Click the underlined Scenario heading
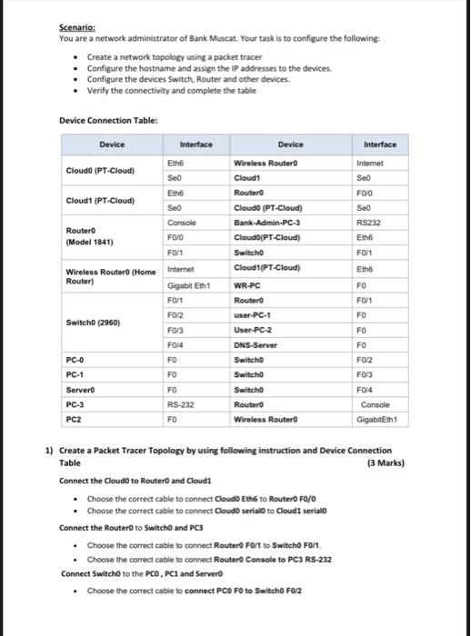coord(76,28)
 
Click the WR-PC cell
coord(248,284)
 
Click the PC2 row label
coord(75,420)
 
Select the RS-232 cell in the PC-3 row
coord(181,404)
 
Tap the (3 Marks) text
coord(386,462)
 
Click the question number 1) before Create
coord(50,450)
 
